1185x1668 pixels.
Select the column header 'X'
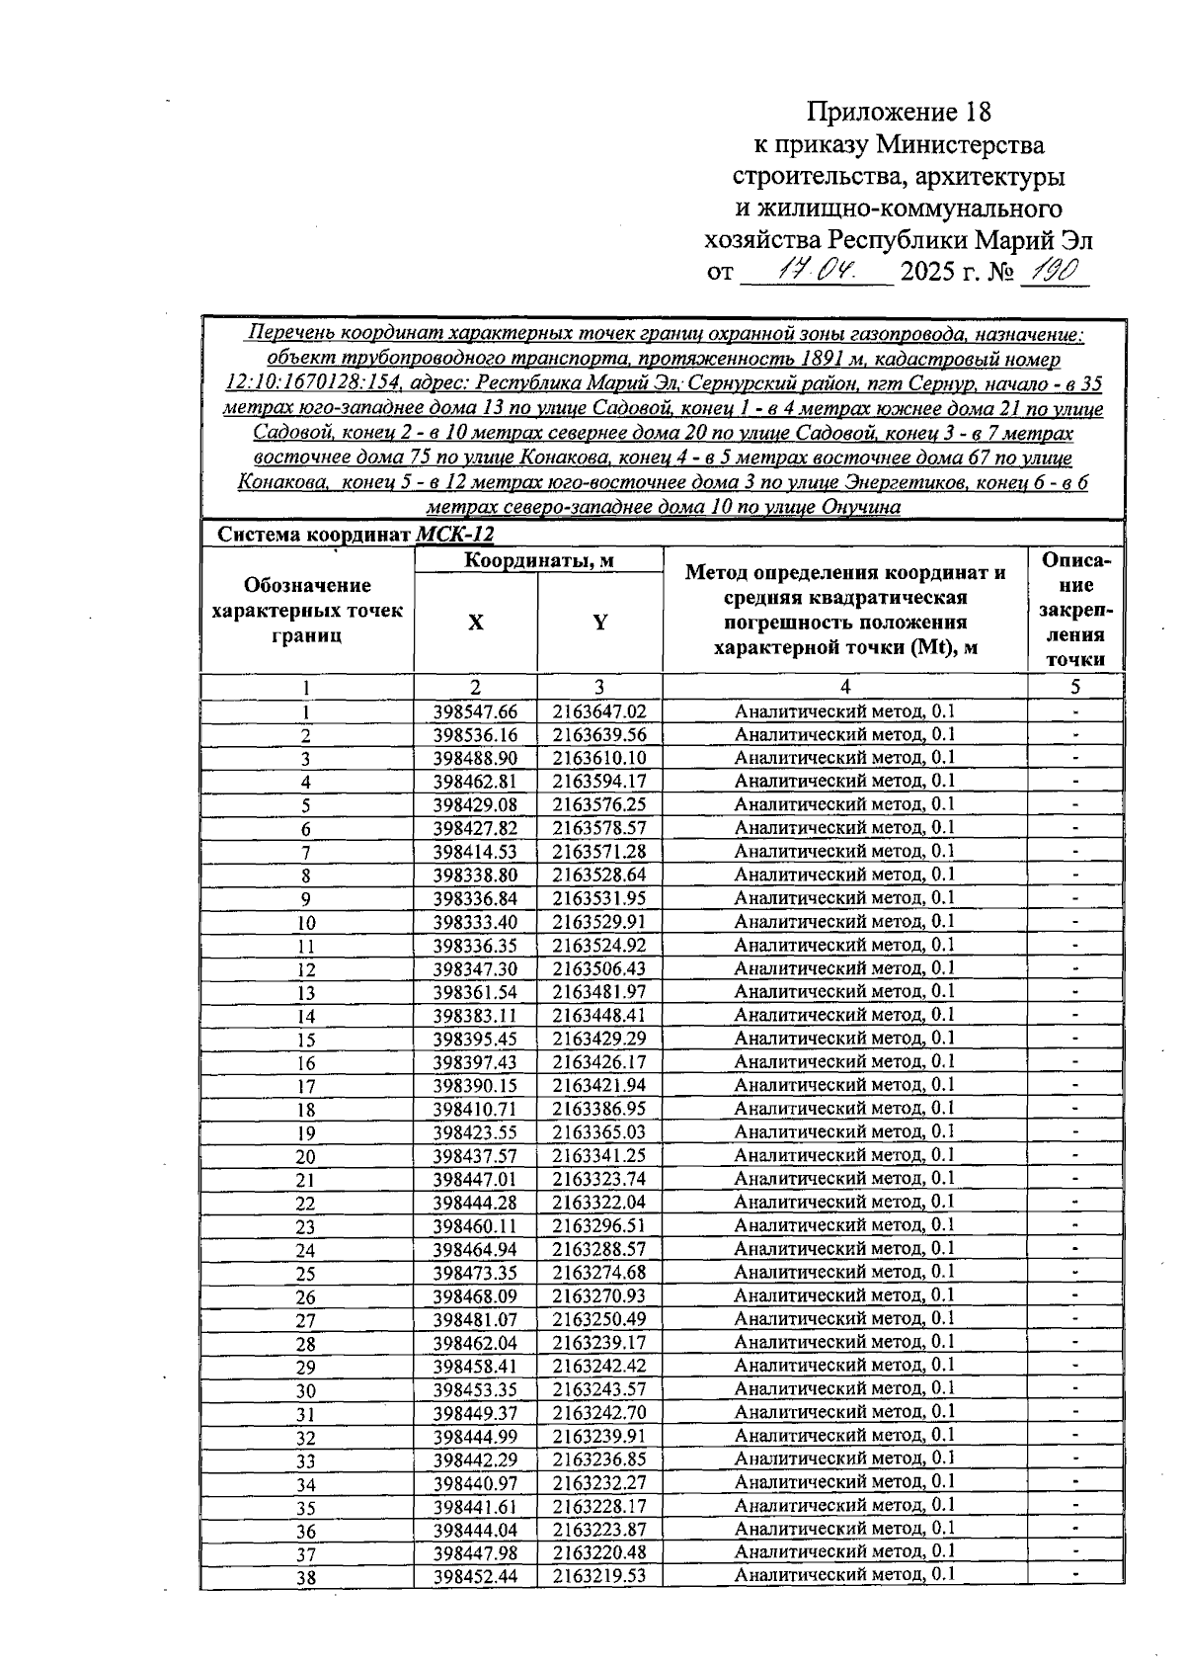click(476, 623)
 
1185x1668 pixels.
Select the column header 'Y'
click(599, 623)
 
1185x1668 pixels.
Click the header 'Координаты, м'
click(539, 560)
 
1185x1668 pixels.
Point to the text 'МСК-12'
click(455, 535)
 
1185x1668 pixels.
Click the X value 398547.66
click(475, 711)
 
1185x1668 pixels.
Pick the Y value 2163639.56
click(599, 735)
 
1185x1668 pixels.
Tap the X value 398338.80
click(475, 876)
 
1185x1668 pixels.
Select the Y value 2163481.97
click(599, 992)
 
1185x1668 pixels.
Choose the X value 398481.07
click(475, 1319)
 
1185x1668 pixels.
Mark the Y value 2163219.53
click(599, 1576)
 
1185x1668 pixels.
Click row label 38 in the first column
click(306, 1578)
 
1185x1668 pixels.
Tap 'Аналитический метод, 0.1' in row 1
click(844, 711)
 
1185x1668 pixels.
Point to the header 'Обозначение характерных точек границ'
click(307, 611)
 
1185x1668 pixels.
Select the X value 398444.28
click(475, 1203)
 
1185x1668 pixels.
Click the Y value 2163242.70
click(599, 1412)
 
